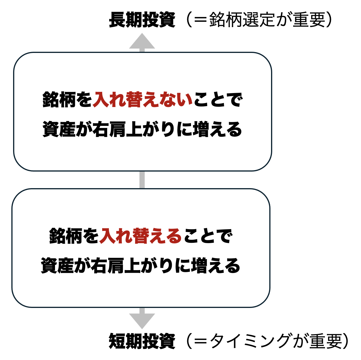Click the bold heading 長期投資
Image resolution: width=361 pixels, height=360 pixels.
142,20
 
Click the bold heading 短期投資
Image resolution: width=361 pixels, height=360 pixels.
142,341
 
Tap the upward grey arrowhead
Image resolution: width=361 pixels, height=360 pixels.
142,42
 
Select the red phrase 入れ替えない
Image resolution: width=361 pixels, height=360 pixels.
142,99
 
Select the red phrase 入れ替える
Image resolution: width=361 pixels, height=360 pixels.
141,236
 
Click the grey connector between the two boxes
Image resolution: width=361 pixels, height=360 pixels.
142,180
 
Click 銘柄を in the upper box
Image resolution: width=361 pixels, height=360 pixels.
67,99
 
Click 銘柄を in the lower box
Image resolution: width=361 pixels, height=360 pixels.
74,236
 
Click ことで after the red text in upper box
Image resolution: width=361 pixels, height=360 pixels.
218,99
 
